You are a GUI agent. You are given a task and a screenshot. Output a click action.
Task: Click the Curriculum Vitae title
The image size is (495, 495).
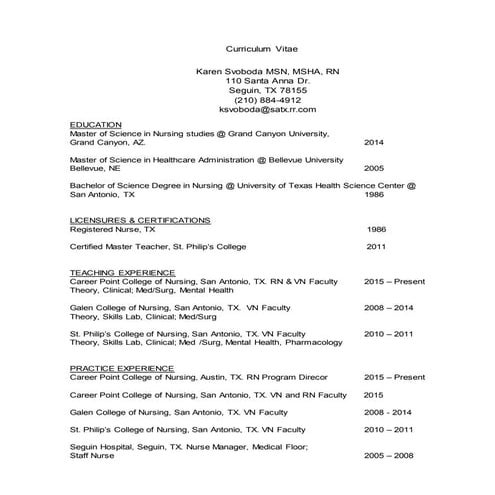click(261, 47)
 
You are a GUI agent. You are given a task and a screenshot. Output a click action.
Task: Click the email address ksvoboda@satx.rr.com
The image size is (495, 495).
click(267, 109)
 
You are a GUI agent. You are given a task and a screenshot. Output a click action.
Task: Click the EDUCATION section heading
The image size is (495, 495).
click(96, 124)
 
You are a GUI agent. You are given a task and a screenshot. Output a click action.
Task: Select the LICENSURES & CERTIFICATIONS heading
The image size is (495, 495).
click(140, 219)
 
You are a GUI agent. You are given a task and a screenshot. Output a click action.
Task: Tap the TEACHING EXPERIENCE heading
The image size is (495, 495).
click(122, 273)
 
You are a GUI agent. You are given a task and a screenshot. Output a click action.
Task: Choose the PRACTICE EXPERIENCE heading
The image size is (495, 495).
click(122, 368)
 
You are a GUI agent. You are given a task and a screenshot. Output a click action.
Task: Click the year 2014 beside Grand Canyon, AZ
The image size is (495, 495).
click(374, 142)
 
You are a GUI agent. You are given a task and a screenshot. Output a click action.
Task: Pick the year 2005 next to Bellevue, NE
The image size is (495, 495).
click(374, 168)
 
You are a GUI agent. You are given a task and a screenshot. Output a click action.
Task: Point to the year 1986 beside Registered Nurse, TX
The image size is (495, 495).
click(376, 229)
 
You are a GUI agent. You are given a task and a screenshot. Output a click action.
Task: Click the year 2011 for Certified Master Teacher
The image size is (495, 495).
click(376, 246)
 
